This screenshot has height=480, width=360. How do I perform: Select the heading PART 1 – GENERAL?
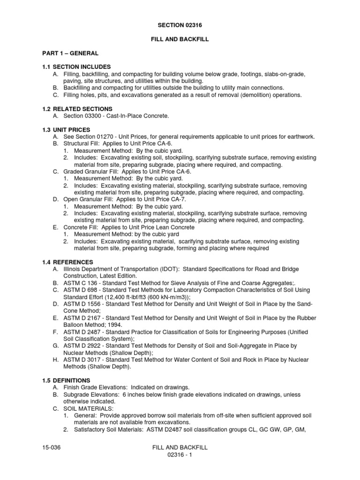[x=68, y=53]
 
